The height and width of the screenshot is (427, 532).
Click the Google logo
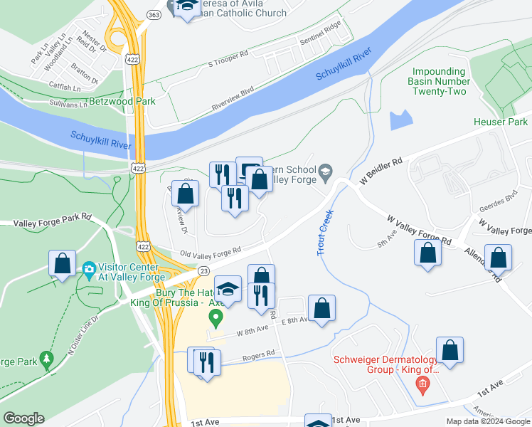(x=23, y=418)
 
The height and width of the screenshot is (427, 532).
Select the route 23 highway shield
(x=203, y=270)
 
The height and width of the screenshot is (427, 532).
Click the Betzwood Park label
(x=122, y=102)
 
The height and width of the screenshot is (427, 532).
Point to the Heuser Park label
(x=501, y=122)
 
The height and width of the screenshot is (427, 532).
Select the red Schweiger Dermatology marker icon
(x=422, y=386)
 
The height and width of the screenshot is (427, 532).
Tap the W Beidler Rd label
(x=381, y=172)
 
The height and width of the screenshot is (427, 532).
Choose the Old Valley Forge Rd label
(x=211, y=251)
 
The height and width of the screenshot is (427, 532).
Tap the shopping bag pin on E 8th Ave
(x=321, y=308)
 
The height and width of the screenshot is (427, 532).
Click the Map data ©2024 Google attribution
(x=487, y=421)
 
